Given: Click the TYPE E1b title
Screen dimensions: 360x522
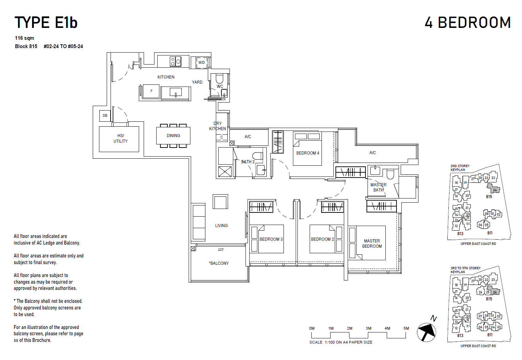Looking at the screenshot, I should coord(46,23).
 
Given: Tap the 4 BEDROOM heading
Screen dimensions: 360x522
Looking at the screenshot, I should coord(468,23).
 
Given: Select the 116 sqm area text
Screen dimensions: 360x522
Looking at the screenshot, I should coord(24,38).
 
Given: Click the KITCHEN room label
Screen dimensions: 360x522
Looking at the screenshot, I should coord(166,77).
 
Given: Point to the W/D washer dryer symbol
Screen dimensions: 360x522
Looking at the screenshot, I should coord(202,63).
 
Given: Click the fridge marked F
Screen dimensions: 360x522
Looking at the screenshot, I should coord(151,91).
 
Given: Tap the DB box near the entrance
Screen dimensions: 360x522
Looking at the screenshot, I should coord(105,115).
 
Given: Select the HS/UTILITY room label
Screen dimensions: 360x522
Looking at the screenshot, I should coord(120,138).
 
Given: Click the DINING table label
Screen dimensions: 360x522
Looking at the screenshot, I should coord(173,136).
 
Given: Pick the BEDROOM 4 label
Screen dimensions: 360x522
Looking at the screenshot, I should coord(308,153).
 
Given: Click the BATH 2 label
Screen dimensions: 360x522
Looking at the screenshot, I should coord(248,162).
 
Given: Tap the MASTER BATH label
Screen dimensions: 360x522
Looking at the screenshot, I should coord(378,187).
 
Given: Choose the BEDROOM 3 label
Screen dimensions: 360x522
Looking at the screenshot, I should coord(271,239).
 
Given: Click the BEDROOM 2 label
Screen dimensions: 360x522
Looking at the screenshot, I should coord(322,239).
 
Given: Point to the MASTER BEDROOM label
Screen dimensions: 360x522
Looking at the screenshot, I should coord(372,243).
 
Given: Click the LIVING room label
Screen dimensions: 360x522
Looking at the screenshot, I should coord(221,226).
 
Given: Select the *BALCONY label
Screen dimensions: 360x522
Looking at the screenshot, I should coord(219,263).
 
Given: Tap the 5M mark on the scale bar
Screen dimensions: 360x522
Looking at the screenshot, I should coord(406,329).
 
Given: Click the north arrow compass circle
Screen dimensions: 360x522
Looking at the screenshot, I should coord(426,332).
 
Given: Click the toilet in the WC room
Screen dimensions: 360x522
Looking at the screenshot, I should coord(219,78).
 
